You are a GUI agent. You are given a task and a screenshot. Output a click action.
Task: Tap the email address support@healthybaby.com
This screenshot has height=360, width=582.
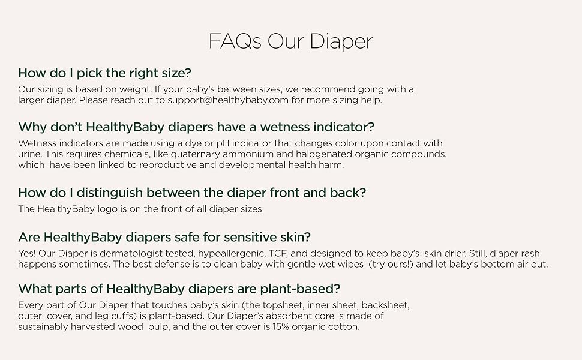(228, 100)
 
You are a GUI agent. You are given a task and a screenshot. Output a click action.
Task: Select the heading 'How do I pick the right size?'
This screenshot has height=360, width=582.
(104, 73)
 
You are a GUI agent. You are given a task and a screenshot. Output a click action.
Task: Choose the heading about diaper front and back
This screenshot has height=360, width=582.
(192, 193)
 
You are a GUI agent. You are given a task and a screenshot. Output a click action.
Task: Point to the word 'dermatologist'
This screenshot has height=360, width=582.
(119, 253)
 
